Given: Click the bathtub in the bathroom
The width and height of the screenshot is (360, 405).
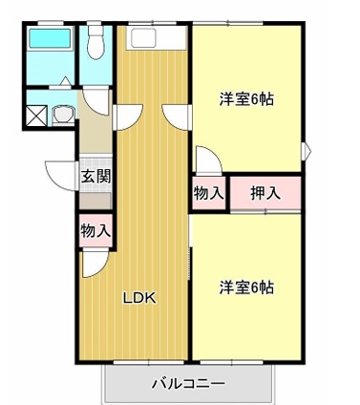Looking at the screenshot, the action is pos(50,38).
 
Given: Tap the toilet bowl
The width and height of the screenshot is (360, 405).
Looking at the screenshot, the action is pos(95,42).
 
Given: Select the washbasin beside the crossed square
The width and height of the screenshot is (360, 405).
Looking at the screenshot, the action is pos(64,115).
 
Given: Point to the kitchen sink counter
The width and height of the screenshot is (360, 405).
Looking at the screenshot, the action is pos(156,37).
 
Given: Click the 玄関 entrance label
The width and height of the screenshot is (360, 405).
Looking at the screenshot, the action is pos(95,176).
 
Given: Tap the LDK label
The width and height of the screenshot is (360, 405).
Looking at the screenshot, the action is pos(140,298).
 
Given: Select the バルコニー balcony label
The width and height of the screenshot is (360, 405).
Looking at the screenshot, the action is pos(188,384).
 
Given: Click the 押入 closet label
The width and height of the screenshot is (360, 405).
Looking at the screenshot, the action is pos(265,193).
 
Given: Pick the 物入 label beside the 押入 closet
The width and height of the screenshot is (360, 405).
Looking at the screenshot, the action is pos(209,193).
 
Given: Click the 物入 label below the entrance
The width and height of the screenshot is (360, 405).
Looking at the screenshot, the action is pos(95,230).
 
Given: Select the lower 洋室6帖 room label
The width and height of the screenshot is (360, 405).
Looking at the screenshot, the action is pos(246,288).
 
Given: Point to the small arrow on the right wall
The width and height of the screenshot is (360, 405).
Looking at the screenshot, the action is pos(307,151).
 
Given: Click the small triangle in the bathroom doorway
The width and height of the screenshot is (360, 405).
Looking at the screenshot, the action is pos(65,81).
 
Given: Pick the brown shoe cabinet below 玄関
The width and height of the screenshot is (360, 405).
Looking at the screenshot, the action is pos(95,201).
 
